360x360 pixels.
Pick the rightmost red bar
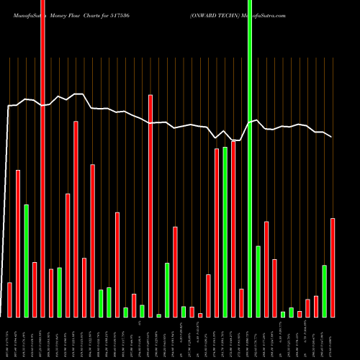click(x=333, y=267)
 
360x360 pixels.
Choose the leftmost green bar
click(x=26, y=261)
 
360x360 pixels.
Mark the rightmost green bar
click(x=324, y=291)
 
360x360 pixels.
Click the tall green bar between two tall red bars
click(x=225, y=232)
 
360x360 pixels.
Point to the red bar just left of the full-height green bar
click(x=242, y=302)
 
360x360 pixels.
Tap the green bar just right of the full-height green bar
click(x=258, y=281)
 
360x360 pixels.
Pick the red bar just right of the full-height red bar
click(x=51, y=293)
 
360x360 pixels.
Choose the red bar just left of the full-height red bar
click(x=35, y=289)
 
